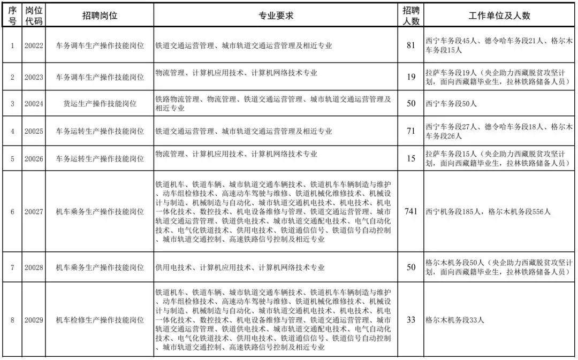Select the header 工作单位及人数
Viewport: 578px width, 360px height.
tap(499, 16)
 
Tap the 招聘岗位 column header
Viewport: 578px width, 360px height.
tap(100, 16)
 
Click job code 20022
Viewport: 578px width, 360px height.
tap(34, 45)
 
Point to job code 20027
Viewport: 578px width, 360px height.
tap(34, 211)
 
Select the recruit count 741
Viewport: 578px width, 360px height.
tap(411, 211)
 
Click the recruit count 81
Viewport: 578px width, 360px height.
tap(411, 45)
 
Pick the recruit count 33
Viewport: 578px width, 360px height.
tap(411, 320)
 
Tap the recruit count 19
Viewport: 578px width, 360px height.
tap(411, 76)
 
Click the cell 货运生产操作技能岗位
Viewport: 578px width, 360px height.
tap(100, 104)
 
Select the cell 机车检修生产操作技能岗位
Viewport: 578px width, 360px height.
tap(100, 320)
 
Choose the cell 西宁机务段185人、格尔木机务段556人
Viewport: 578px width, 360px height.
tap(488, 212)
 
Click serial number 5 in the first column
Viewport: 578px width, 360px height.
tap(12, 159)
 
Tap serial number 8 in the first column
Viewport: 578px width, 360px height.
tap(12, 320)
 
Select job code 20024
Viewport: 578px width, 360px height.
tap(34, 104)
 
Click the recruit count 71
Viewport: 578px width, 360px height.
tap(411, 131)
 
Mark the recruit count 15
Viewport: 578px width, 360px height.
tap(411, 159)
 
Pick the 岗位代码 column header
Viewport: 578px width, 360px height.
tap(34, 16)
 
